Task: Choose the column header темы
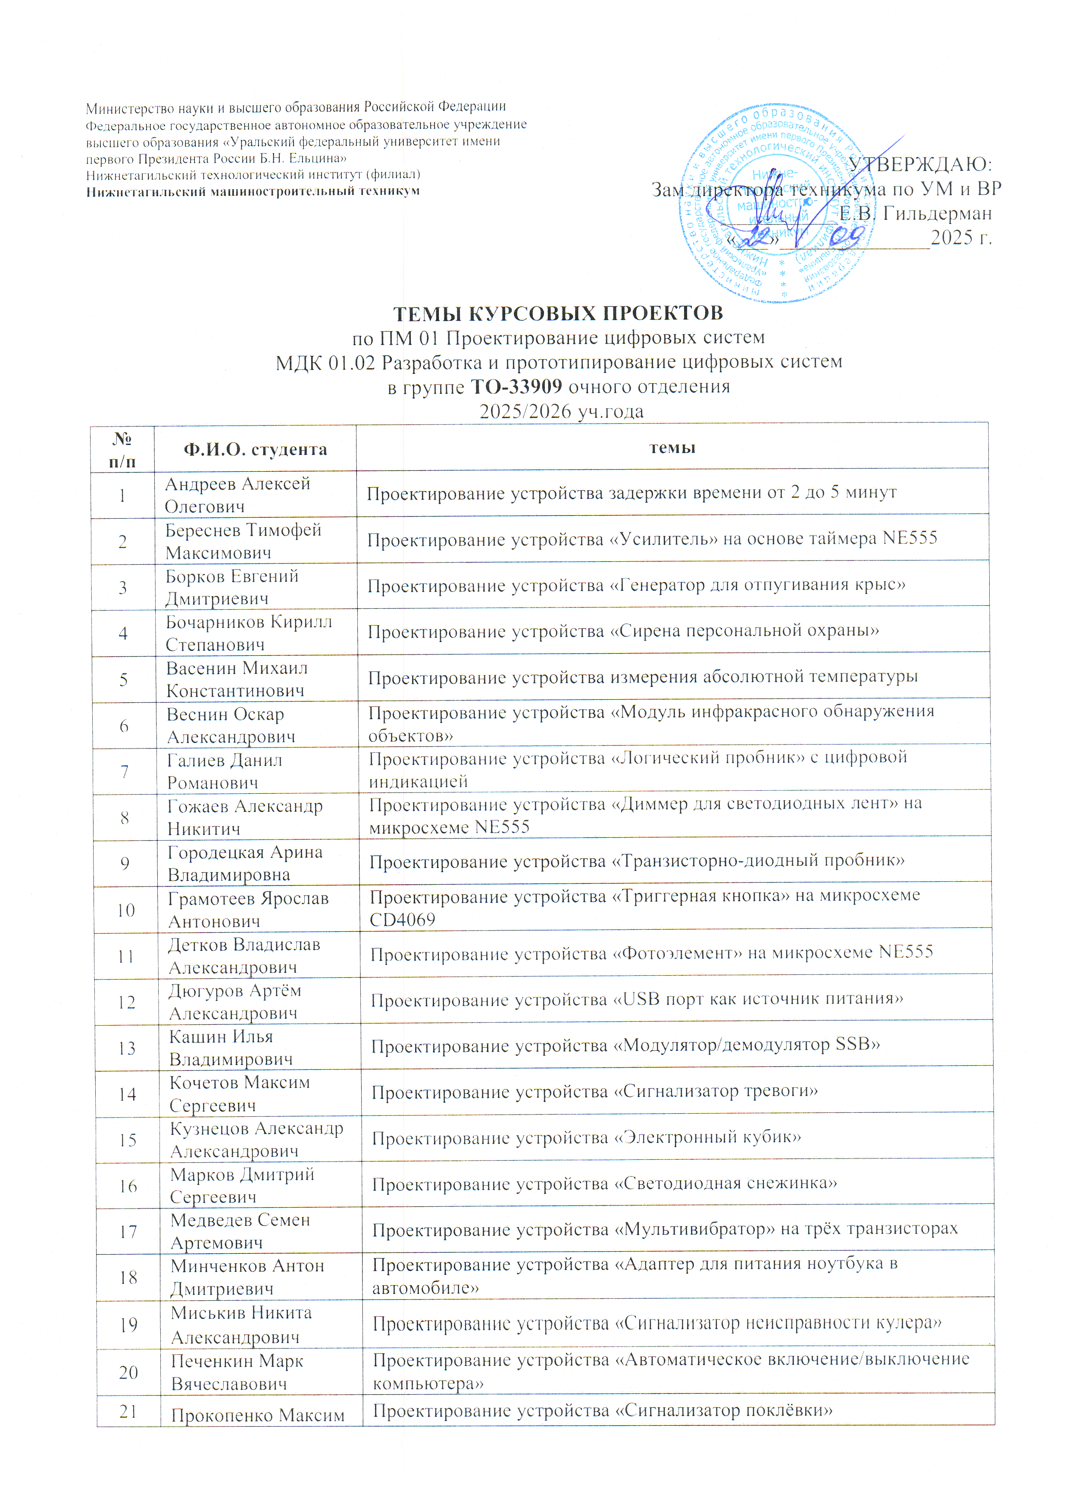[672, 448]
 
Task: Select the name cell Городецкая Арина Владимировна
[245, 863]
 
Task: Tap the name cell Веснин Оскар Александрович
[230, 725]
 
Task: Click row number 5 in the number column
[123, 679]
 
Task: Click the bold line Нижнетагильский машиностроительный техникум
[253, 191]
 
